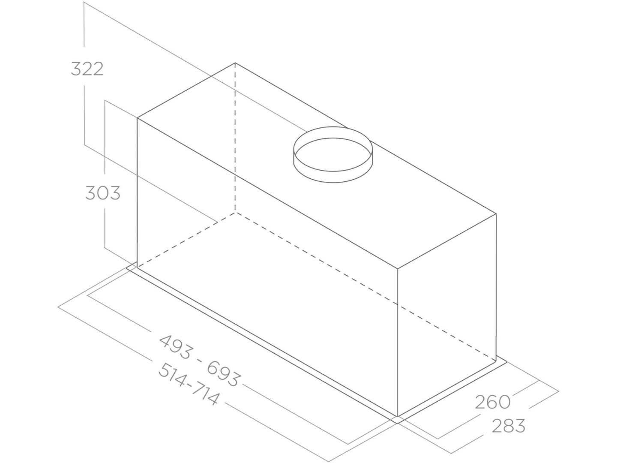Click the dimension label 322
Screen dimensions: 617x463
tap(87, 69)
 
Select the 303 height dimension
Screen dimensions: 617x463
tap(103, 193)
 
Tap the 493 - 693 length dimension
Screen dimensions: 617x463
tap(200, 360)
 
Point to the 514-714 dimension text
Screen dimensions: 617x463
tap(189, 384)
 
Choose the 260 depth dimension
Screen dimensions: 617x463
tap(493, 402)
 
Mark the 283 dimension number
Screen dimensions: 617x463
tap(509, 426)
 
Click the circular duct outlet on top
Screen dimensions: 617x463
tap(333, 155)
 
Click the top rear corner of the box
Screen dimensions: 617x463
tap(235, 63)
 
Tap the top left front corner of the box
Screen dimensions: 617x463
tap(138, 118)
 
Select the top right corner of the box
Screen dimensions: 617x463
tap(496, 213)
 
